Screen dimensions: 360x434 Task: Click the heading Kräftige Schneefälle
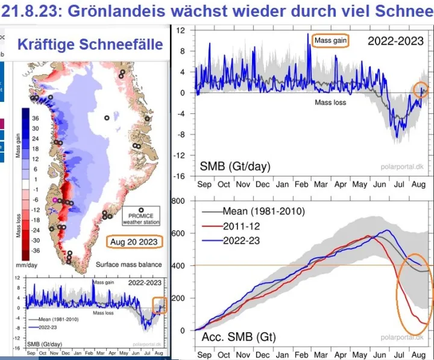[x=90, y=44]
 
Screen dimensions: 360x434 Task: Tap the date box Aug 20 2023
[x=134, y=242]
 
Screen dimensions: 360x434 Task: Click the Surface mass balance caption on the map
[x=129, y=265]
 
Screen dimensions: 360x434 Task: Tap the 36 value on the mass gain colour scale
[x=35, y=118]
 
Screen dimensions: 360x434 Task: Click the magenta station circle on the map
[x=55, y=199]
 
